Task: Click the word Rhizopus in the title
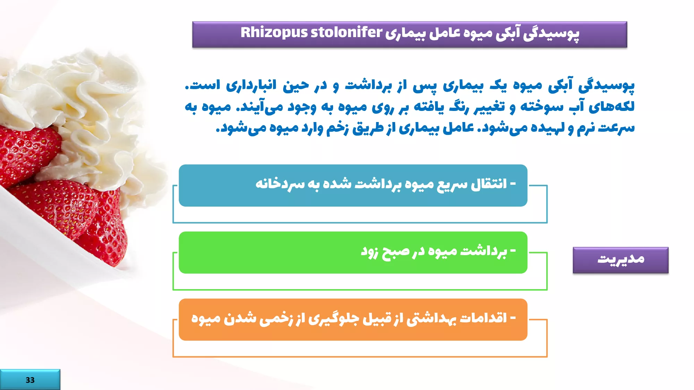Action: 274,33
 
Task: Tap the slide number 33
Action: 30,380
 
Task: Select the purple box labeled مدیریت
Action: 620,260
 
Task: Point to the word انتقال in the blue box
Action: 489,184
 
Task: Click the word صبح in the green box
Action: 396,251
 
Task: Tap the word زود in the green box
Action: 369,251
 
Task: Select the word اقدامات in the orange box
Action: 483,318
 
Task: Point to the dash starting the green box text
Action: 513,250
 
